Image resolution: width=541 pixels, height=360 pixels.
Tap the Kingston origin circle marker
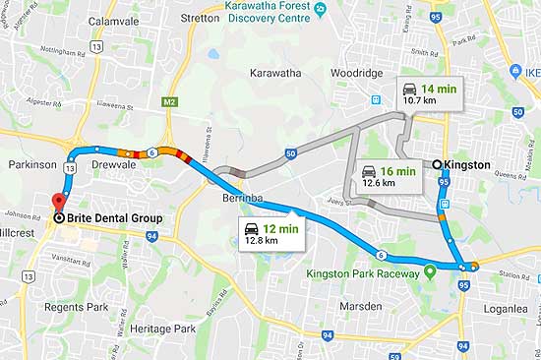click(438, 164)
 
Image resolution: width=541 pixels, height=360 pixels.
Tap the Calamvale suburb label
click(113, 19)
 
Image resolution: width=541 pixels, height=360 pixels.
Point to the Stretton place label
click(200, 18)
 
